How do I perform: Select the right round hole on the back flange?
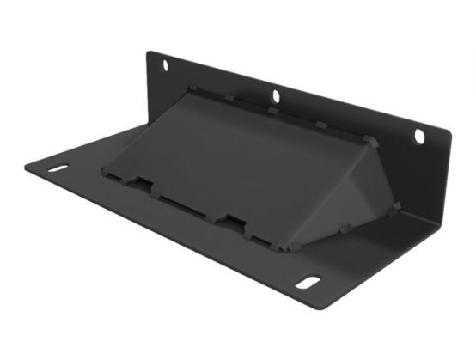(419, 136)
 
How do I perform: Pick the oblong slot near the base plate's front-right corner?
(308, 282)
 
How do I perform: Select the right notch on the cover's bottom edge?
(230, 222)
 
